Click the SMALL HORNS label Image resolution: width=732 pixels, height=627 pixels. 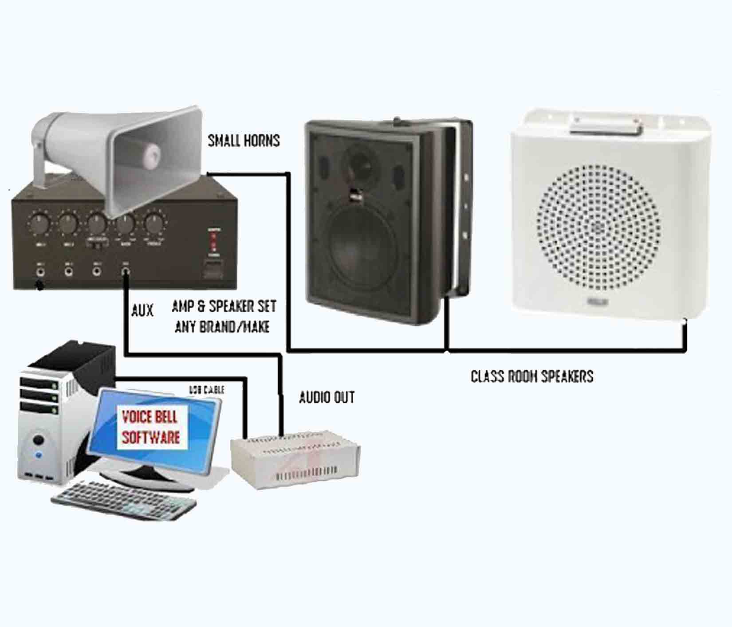point(244,141)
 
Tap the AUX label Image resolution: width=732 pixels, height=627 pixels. point(142,310)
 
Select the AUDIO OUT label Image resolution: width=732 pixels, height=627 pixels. point(327,397)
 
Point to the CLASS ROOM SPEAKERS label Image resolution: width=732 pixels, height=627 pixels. point(531,376)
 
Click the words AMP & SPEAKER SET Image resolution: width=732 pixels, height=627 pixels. point(224,306)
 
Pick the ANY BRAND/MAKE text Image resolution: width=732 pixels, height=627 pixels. point(222,327)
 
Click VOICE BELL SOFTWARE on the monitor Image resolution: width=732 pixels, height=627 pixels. point(151,427)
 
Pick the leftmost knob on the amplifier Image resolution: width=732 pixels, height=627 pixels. point(39,223)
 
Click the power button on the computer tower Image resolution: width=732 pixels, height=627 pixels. point(39,441)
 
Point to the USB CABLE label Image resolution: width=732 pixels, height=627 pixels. point(207,390)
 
